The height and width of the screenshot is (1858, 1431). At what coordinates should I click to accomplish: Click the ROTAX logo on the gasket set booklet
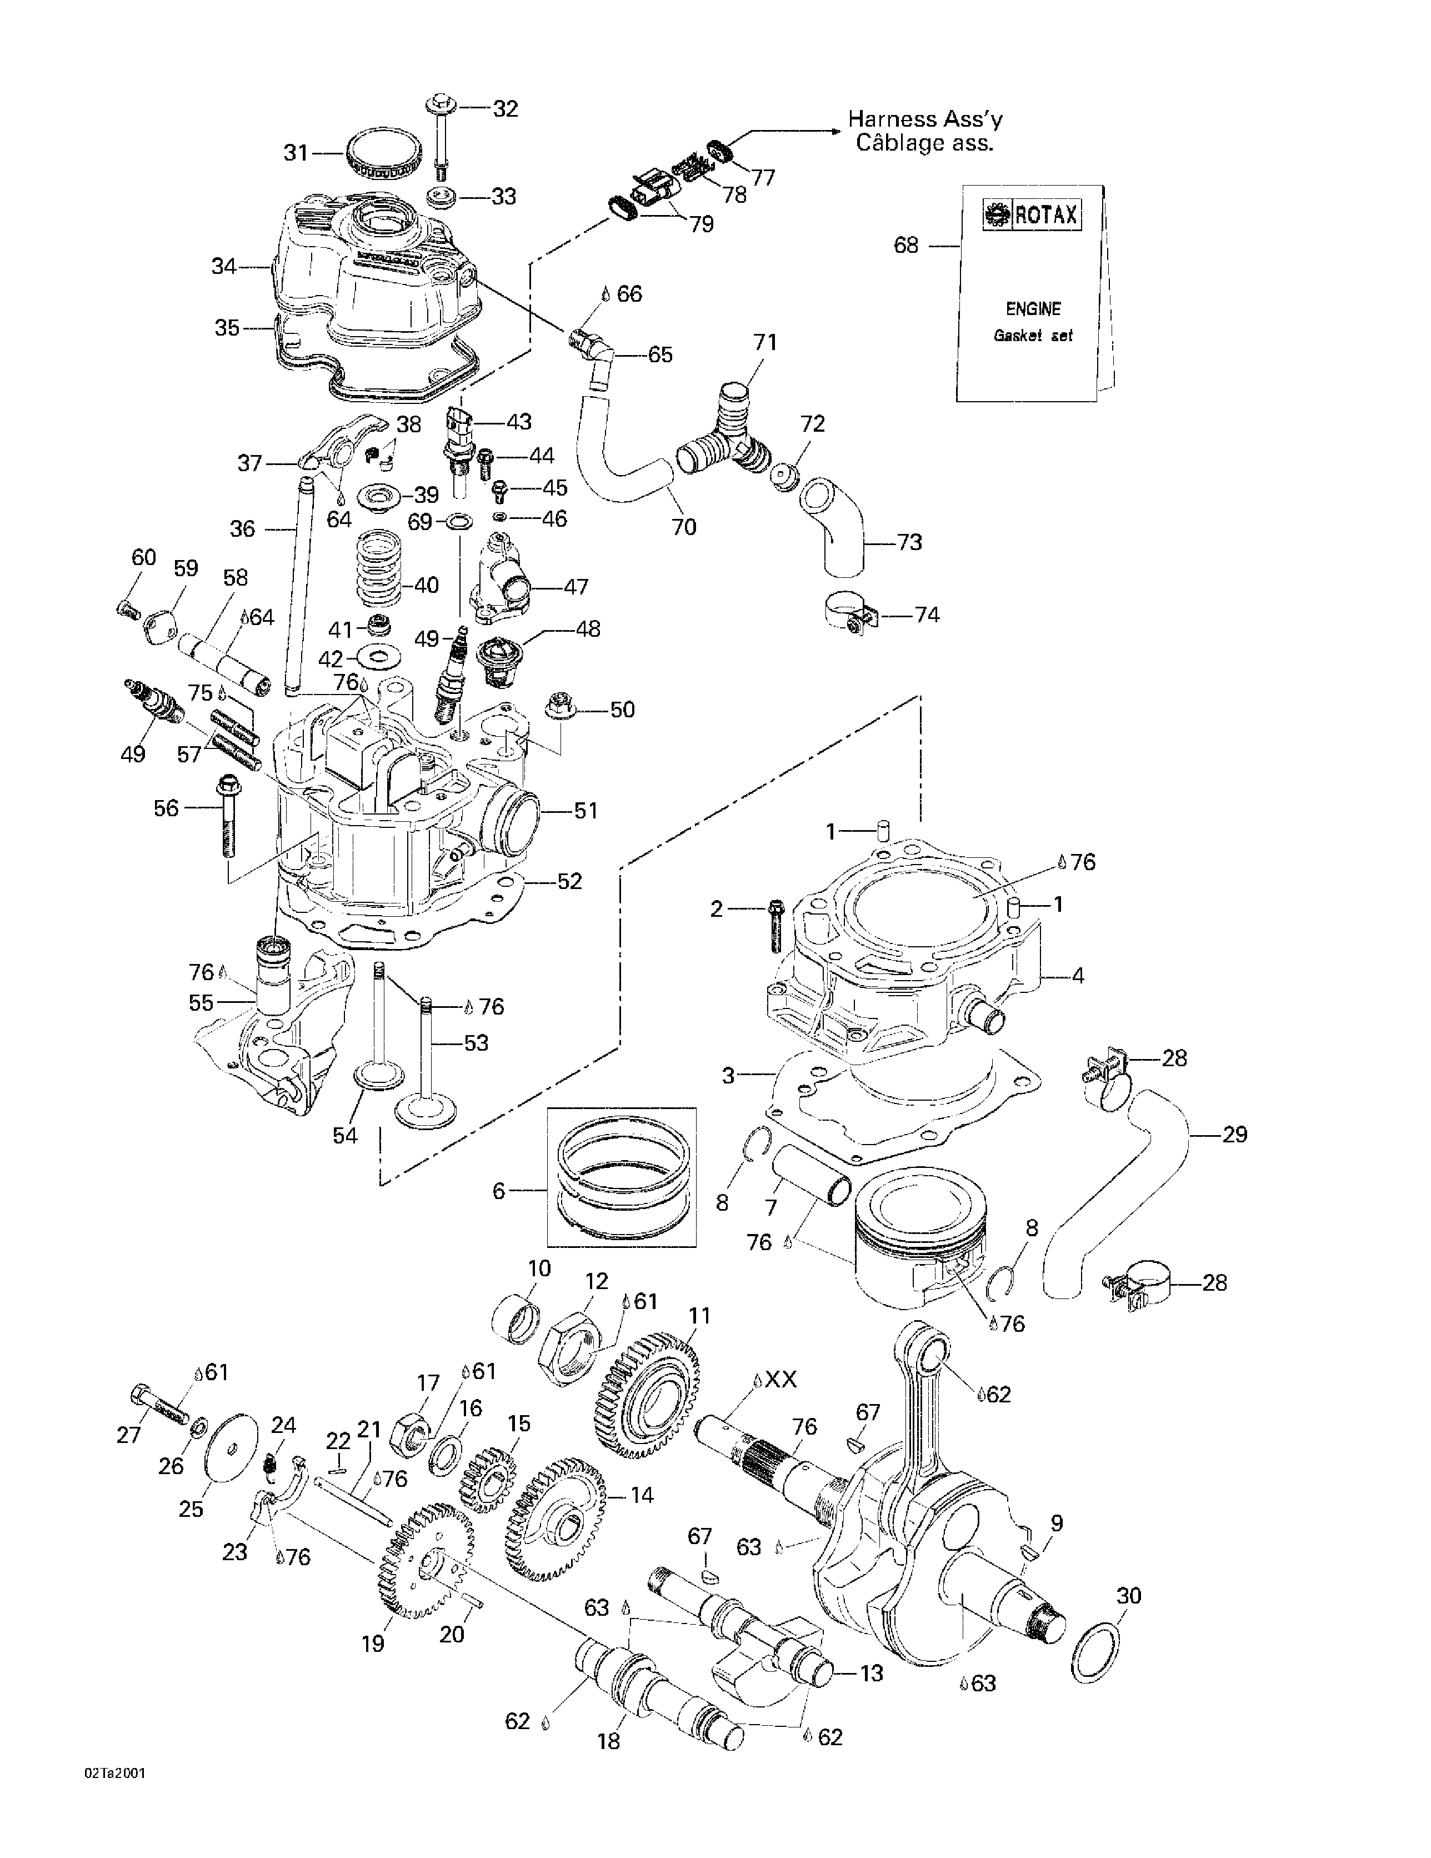pos(1031,214)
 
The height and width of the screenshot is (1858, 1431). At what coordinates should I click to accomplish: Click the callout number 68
pos(906,245)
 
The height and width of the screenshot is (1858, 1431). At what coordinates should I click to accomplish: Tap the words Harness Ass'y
pos(925,120)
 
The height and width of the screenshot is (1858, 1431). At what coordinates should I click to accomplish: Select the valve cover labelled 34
pos(374,272)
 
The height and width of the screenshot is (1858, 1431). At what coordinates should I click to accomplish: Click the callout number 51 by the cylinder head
pos(586,811)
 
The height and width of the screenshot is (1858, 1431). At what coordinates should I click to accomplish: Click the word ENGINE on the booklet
pos(1033,309)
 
